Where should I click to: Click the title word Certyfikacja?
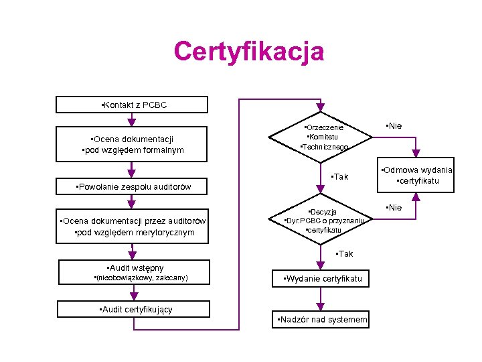tap(248, 52)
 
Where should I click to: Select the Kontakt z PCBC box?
tap(132, 105)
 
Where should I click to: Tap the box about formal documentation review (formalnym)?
tap(132, 145)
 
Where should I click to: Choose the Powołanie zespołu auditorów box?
tap(132, 186)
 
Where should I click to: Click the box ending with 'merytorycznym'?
tap(132, 227)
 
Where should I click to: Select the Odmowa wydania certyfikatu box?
tap(416, 176)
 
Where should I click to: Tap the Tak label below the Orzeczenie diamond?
tap(340, 177)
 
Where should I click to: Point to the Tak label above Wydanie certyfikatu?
tap(344, 254)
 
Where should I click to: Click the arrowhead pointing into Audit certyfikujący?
tap(132, 297)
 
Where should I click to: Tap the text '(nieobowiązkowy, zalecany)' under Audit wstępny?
tap(141, 278)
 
